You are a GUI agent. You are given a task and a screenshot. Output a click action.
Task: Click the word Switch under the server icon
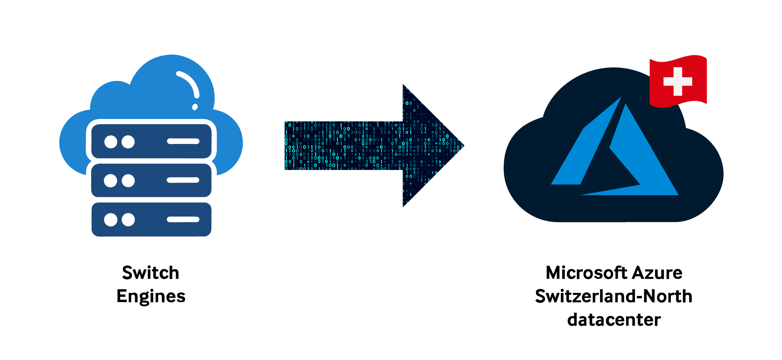151,273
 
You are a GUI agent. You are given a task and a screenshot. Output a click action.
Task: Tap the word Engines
151,296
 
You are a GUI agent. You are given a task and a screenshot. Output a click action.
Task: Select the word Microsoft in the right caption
586,273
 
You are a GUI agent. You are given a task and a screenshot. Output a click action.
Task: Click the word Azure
657,273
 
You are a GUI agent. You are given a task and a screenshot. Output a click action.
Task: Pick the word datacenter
614,320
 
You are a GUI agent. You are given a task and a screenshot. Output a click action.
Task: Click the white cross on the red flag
678,81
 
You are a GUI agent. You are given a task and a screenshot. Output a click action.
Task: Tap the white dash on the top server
183,141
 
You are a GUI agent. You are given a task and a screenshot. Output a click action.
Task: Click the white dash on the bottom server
183,220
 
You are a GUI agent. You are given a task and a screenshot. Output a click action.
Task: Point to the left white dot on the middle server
111,181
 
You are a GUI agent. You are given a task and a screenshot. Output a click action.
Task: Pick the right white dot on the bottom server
128,220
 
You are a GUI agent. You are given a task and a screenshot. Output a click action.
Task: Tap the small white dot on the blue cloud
195,107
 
